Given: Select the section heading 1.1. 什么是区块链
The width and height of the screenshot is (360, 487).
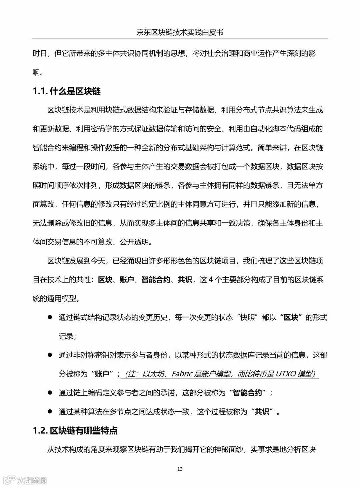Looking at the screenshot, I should click(x=67, y=91).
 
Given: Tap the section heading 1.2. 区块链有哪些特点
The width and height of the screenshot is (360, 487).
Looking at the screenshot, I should click(x=75, y=431).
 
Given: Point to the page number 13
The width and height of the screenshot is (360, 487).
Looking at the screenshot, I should click(x=180, y=469).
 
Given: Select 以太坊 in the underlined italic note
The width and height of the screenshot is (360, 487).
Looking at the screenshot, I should click(x=153, y=374).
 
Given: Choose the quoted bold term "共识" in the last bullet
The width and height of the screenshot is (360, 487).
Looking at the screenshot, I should click(x=262, y=412).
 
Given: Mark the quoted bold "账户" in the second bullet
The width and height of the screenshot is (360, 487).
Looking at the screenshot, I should click(x=102, y=374).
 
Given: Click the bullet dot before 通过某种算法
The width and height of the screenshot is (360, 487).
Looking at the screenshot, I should click(x=50, y=411).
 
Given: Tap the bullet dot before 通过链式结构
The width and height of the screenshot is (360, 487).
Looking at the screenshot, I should click(x=50, y=317).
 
